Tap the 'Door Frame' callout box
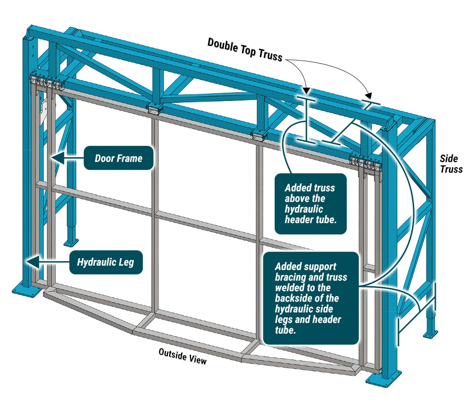point(118,158)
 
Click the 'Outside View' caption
point(182,356)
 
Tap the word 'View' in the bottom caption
point(197,359)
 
